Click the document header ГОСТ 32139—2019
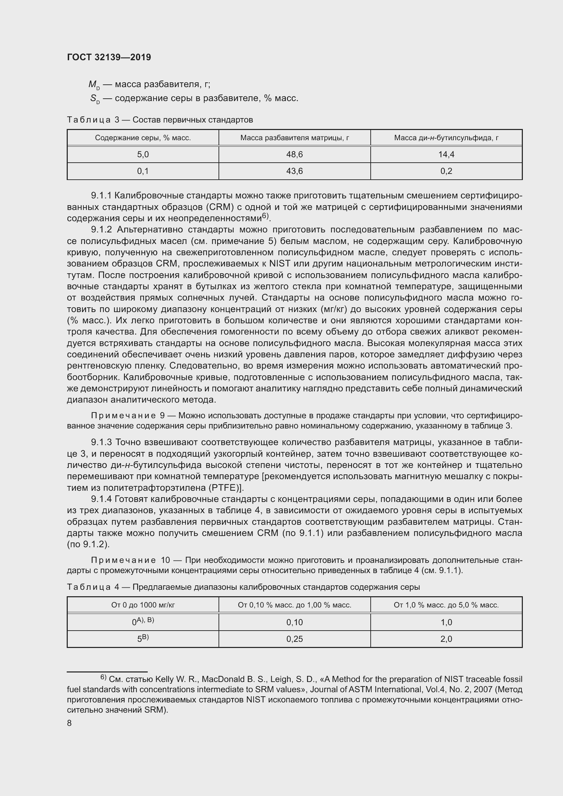tap(109, 57)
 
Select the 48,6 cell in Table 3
tap(294, 155)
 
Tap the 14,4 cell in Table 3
tap(446, 155)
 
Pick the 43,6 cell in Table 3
tap(294, 171)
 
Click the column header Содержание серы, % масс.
tap(143, 138)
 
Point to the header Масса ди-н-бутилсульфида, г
tap(446, 138)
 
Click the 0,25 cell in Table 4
tap(294, 639)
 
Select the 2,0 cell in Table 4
tap(446, 639)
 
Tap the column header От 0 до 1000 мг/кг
tap(143, 605)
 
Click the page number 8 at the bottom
tap(69, 723)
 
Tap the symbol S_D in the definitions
tap(95, 99)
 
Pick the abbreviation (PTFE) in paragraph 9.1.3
tap(226, 488)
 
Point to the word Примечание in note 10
tap(123, 561)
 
